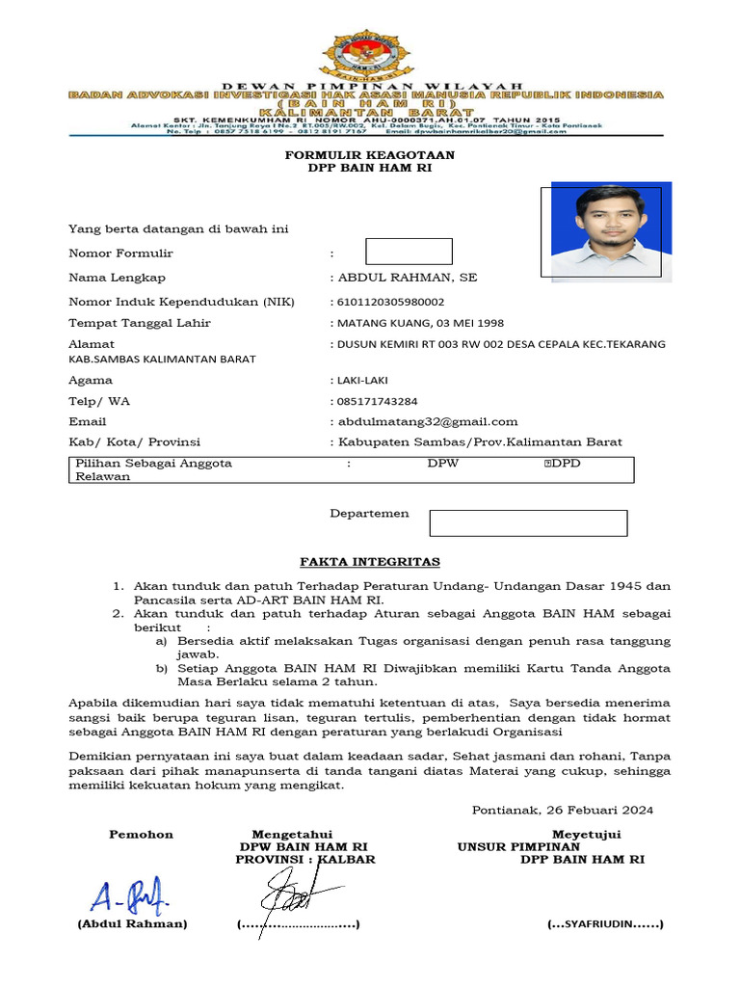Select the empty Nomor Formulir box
409,252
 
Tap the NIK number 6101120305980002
387,302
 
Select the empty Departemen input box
528,523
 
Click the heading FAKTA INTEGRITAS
370,561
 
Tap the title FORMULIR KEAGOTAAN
370,154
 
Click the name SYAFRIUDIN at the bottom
605,923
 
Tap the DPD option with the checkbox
563,464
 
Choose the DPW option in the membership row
443,464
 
